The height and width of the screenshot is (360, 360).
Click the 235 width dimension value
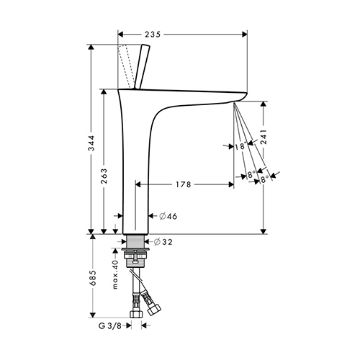[153, 35]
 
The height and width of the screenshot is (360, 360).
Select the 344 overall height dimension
[91, 143]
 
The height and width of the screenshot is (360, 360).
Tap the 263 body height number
[104, 176]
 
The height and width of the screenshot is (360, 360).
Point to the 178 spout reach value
[184, 184]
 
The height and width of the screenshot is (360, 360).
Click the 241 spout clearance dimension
[264, 137]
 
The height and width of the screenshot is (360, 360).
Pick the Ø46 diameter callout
[168, 216]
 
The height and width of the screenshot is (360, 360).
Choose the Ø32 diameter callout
[163, 242]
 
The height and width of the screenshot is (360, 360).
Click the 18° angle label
[240, 146]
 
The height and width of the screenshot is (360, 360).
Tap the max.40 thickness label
[115, 274]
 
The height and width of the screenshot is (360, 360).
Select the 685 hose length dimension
[93, 278]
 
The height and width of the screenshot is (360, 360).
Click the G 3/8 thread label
[110, 325]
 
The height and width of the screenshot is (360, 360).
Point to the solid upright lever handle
[142, 66]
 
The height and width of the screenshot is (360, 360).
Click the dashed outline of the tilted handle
[126, 66]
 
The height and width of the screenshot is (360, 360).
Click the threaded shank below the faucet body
[135, 241]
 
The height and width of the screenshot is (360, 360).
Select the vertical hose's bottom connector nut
[136, 314]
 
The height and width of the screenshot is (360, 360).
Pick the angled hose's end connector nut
[154, 309]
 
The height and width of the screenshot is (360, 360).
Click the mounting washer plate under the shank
[135, 249]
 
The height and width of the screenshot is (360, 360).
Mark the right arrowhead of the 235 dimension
[245, 35]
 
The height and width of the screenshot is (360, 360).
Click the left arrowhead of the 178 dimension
[138, 184]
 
